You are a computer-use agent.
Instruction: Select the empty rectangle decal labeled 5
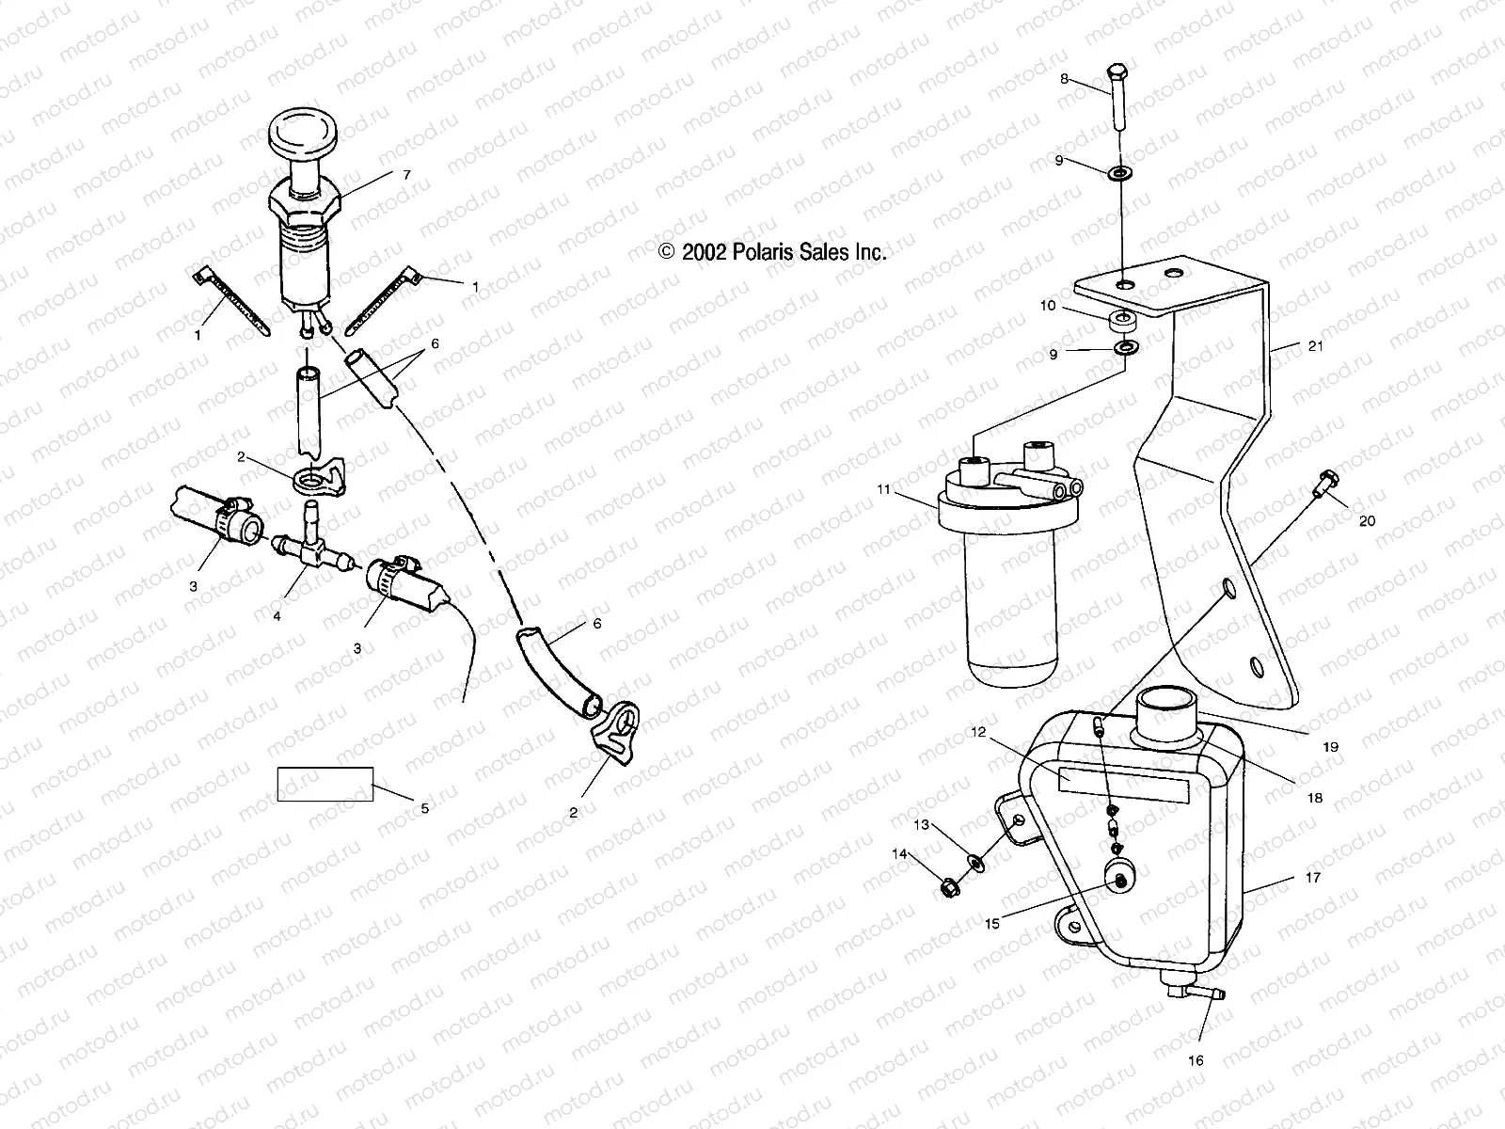(x=325, y=784)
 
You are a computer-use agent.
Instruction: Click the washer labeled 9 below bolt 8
(x=1121, y=174)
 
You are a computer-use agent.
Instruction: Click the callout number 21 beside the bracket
(x=1315, y=346)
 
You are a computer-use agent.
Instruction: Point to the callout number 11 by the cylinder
(x=882, y=489)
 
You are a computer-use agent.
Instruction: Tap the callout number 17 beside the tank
(x=1313, y=877)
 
